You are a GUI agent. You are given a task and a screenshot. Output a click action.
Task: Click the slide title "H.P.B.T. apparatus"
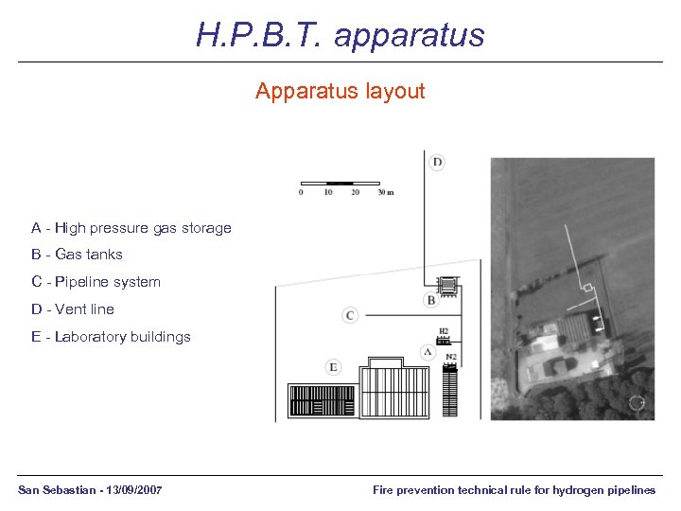click(x=340, y=35)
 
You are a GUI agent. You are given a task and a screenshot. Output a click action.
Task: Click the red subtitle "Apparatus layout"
click(x=340, y=92)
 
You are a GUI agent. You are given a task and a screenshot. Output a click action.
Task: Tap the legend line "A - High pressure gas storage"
click(x=131, y=228)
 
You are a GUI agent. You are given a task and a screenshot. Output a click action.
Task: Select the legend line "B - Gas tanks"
click(x=77, y=255)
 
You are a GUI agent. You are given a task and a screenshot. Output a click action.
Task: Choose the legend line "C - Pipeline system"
click(x=96, y=282)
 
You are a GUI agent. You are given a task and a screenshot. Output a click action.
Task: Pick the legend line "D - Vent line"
click(x=73, y=309)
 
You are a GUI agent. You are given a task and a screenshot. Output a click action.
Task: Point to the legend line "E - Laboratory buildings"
click(x=111, y=337)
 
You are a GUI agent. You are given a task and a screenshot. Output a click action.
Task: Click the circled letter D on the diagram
click(x=437, y=162)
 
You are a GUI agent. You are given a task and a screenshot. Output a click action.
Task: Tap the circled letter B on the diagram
click(x=431, y=301)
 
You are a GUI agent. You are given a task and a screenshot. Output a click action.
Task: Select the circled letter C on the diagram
click(x=350, y=314)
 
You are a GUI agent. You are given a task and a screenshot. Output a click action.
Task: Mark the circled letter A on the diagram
click(x=428, y=351)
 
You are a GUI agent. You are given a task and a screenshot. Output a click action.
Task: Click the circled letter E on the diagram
click(x=333, y=367)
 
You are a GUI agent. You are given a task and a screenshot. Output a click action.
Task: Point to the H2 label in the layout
click(x=443, y=332)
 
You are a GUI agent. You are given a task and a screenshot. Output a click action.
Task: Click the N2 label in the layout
click(x=451, y=357)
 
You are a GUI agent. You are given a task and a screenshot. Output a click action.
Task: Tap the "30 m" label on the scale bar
click(x=384, y=192)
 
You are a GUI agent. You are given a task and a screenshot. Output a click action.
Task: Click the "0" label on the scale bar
click(x=301, y=192)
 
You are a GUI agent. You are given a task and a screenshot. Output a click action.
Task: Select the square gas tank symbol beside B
click(x=446, y=285)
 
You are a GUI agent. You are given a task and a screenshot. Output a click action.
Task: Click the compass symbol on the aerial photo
click(x=637, y=402)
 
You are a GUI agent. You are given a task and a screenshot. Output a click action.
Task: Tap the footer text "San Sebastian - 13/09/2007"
click(x=90, y=490)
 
